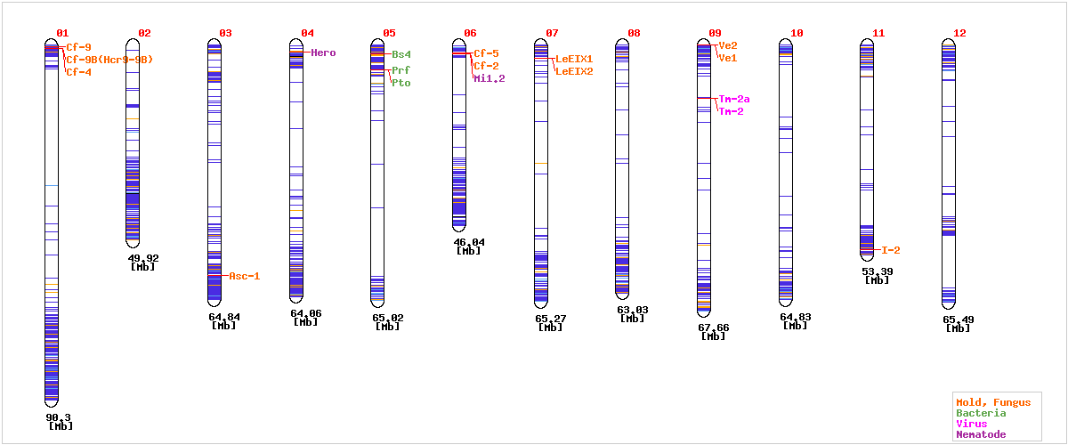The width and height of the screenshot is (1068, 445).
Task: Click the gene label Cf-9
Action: click(78, 47)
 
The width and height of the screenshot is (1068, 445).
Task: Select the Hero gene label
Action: click(323, 53)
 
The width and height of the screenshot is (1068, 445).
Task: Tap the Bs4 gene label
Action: click(401, 54)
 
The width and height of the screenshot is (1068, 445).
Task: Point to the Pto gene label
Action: click(401, 83)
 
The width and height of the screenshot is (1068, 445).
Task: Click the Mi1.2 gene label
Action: click(489, 78)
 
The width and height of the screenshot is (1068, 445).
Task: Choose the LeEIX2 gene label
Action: click(574, 71)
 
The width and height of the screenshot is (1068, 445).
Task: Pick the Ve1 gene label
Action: click(728, 58)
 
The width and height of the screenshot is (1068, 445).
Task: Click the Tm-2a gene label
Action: click(734, 99)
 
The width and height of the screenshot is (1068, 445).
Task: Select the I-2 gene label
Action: click(891, 250)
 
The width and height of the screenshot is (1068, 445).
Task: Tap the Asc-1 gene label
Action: click(244, 276)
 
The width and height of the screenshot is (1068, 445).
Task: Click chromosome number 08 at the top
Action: click(634, 33)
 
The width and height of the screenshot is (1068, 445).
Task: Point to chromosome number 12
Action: click(959, 33)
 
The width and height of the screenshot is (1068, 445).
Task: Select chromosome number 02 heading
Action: click(144, 33)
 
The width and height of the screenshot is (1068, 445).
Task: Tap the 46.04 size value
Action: click(468, 242)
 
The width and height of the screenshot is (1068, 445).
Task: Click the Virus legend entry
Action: click(971, 424)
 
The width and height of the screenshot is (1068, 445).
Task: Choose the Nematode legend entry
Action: click(981, 434)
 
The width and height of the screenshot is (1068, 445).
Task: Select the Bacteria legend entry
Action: click(981, 413)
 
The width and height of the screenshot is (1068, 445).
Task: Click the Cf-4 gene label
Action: click(78, 72)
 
